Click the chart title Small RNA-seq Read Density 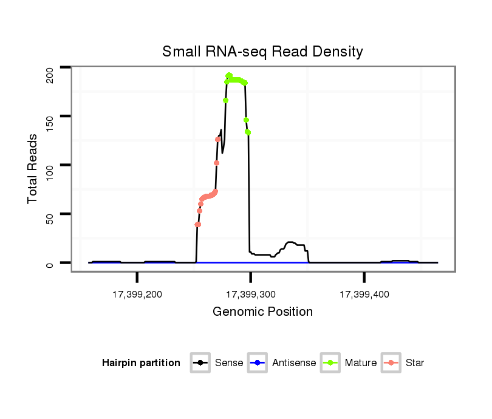[262, 52]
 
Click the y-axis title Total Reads [33, 168]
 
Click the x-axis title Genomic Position [262, 312]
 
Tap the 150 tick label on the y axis [50, 116]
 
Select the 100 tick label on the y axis [50, 165]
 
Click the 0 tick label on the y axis [50, 263]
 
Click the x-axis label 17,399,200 [137, 295]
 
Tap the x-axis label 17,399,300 [251, 295]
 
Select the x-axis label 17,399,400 [364, 295]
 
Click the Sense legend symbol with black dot [200, 363]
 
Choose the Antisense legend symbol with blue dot [258, 363]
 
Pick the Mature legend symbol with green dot [330, 363]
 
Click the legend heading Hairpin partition [141, 363]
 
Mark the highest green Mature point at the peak [229, 75]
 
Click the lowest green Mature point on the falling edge [248, 132]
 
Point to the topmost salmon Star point [218, 140]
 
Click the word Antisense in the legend [294, 363]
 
